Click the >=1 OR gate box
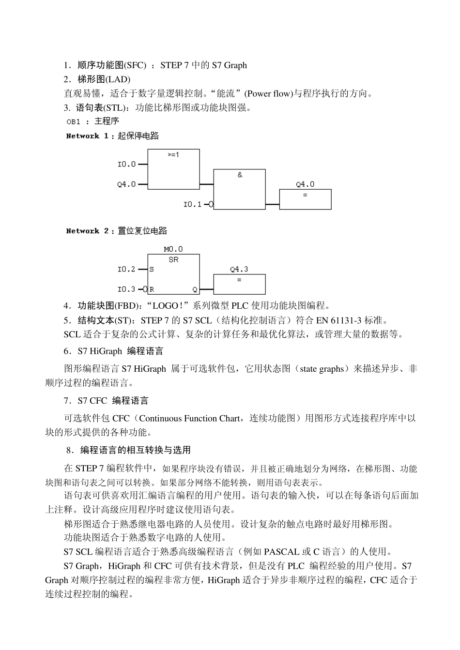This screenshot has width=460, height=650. (x=173, y=169)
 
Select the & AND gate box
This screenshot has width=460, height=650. (x=239, y=189)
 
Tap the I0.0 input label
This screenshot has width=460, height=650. (x=127, y=164)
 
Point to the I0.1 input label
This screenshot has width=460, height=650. (x=192, y=204)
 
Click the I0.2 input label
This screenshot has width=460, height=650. (x=127, y=269)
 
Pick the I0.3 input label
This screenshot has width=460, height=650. (x=127, y=289)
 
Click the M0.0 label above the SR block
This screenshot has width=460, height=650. (x=173, y=249)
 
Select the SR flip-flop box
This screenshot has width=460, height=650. (x=173, y=274)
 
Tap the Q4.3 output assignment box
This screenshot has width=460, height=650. (x=239, y=285)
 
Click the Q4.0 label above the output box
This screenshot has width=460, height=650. (x=305, y=184)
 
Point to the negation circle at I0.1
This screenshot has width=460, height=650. (x=211, y=204)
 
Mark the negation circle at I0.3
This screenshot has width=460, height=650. (x=145, y=289)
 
